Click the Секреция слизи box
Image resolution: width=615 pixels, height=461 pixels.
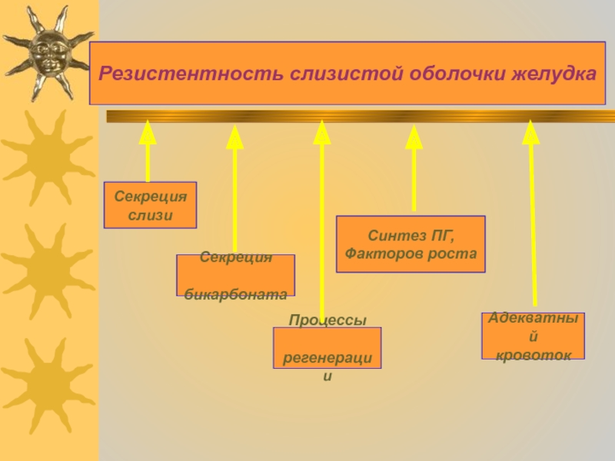point(150,205)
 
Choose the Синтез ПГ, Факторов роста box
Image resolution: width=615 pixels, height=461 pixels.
point(411,244)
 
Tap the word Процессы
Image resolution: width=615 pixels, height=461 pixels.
point(327,320)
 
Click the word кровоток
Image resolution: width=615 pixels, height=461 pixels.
point(533,355)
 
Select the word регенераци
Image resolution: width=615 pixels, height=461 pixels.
point(327,358)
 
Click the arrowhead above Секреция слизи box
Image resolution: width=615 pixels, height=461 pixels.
point(148,132)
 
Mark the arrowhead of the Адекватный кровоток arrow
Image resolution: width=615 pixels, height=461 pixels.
point(530,131)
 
